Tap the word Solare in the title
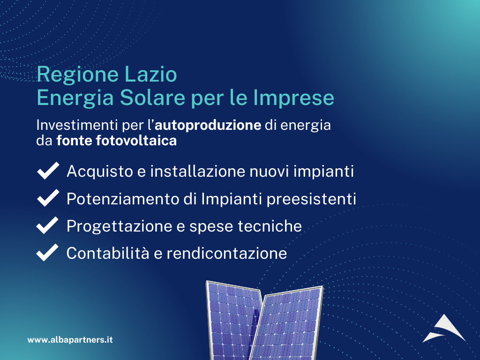(x=153, y=97)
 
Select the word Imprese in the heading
(x=294, y=98)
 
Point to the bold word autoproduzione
(x=208, y=125)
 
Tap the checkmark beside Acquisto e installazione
(x=48, y=171)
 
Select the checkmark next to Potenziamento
(x=48, y=198)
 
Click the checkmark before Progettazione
(x=47, y=225)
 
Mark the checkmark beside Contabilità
(x=47, y=253)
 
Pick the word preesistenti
(x=311, y=199)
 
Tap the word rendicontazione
(x=226, y=254)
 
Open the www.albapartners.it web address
(x=70, y=340)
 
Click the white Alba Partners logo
(x=444, y=329)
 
